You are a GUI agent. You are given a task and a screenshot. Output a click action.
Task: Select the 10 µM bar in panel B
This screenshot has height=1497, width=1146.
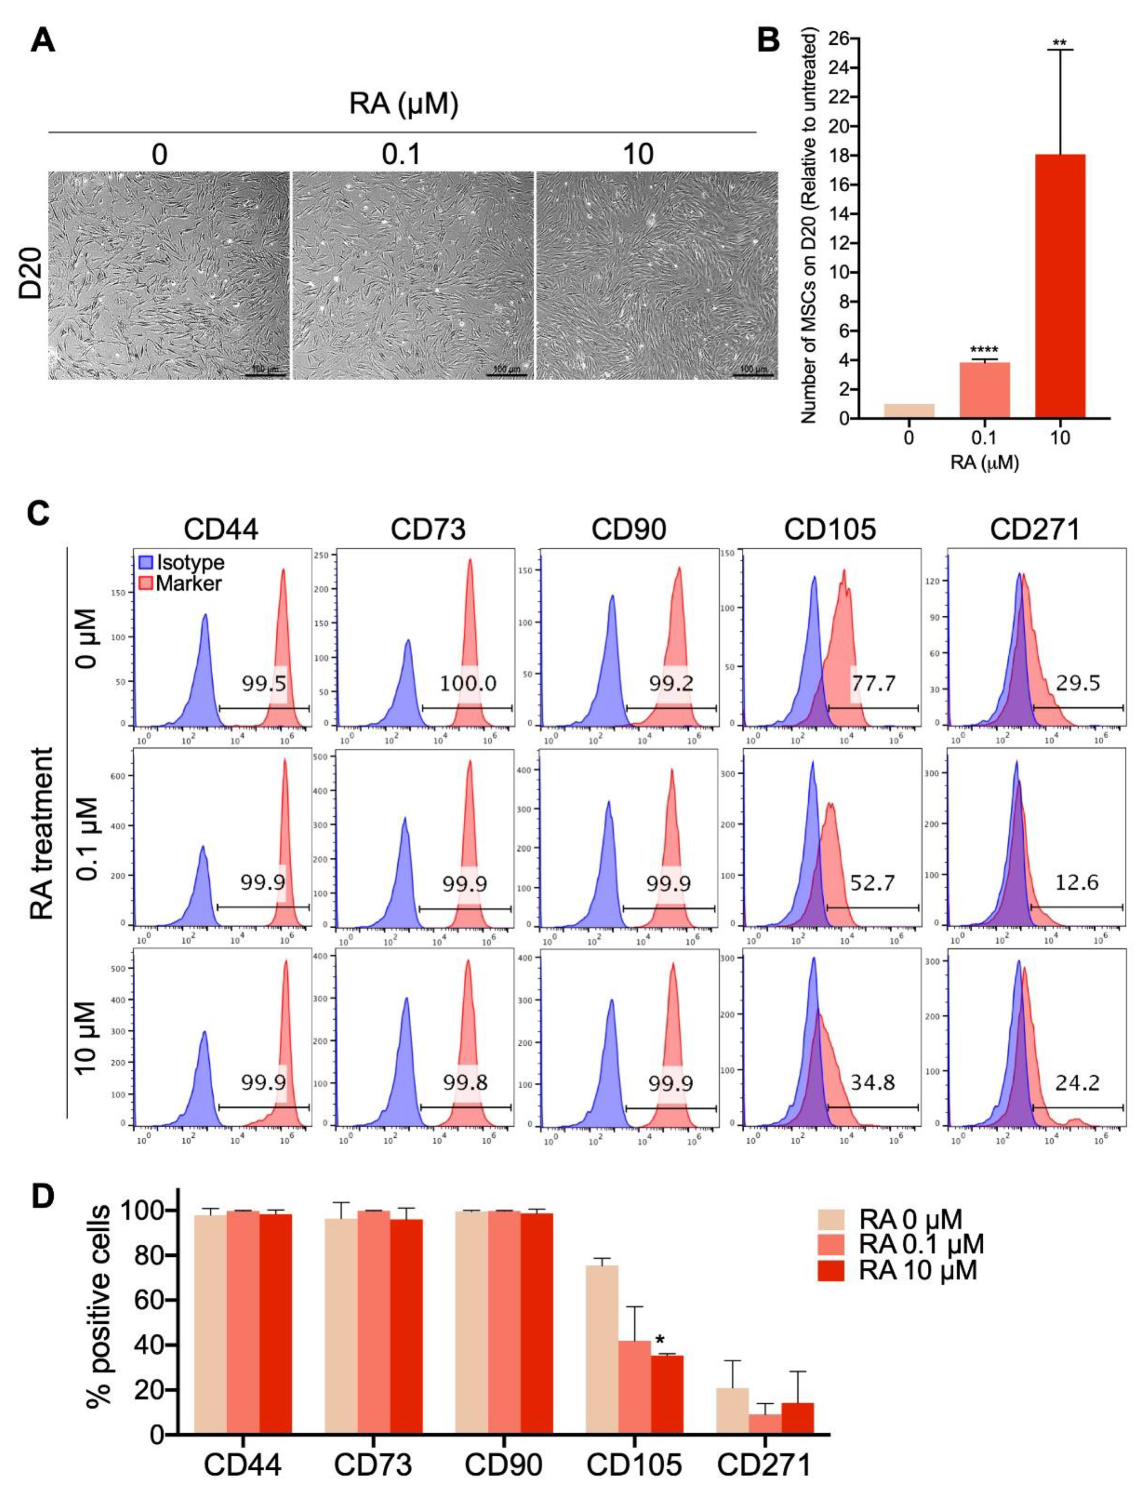coord(1059,286)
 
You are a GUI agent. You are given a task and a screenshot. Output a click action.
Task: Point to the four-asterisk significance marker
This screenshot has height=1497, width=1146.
coord(984,351)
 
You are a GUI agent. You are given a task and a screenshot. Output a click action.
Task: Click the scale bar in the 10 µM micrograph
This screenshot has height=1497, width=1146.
coord(753,374)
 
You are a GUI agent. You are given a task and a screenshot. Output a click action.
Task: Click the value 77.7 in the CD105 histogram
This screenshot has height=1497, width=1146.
coord(872,683)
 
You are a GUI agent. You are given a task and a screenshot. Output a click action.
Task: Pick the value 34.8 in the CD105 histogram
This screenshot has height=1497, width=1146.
coord(872,1082)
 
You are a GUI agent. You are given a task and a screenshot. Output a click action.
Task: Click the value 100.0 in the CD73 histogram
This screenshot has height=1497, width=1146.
coord(468,683)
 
